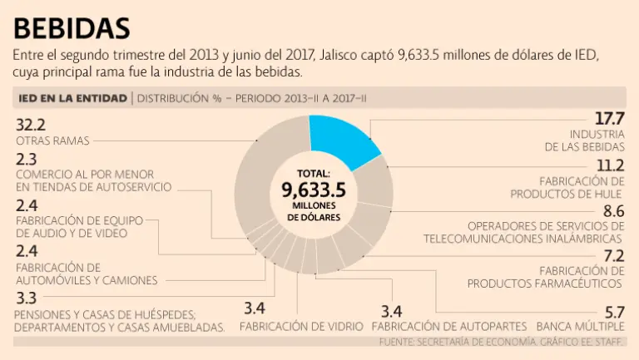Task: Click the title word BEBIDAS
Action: pos(72,27)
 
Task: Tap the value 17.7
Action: pos(609,119)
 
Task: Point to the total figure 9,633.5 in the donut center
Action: pos(313,190)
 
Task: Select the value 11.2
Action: pos(609,165)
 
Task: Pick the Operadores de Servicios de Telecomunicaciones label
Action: pos(523,232)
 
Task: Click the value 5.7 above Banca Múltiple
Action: pos(614,312)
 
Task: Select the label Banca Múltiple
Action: pos(581,326)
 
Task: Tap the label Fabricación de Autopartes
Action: pos(455,326)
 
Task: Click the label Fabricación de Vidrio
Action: pos(301,326)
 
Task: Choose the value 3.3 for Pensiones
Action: pos(25,298)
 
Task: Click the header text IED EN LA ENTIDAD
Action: pos(73,98)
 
